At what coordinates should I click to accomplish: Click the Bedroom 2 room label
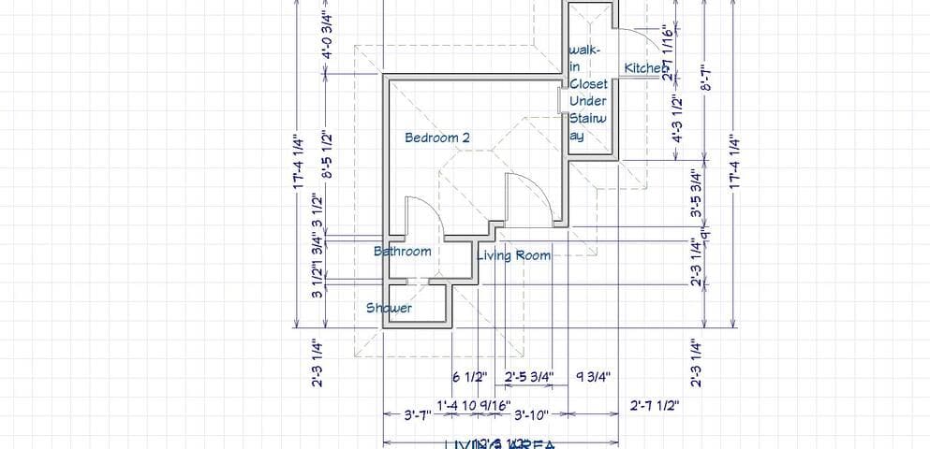(436, 138)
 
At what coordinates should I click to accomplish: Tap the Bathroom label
(403, 251)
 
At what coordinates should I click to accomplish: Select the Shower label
(389, 308)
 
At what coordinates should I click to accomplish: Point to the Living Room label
(514, 254)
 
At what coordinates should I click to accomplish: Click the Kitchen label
(645, 68)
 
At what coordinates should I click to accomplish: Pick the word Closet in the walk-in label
(588, 84)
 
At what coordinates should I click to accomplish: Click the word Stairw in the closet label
(588, 118)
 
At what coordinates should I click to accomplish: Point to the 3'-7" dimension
(417, 414)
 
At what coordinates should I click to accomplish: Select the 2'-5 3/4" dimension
(529, 377)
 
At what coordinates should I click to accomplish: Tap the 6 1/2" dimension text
(470, 377)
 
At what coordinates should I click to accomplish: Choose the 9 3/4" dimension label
(593, 377)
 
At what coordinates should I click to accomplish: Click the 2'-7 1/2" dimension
(655, 405)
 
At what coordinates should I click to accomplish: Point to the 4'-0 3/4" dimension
(328, 36)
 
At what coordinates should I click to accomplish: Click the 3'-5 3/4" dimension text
(695, 194)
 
